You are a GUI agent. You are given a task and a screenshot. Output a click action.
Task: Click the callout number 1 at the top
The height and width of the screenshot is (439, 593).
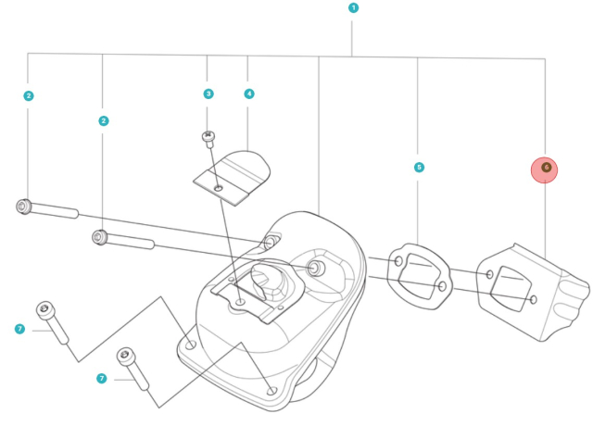(353, 7)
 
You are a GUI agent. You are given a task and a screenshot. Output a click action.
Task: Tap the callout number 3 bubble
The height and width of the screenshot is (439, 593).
(208, 94)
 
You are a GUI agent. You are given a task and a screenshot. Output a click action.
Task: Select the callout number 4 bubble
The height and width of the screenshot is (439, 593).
(248, 94)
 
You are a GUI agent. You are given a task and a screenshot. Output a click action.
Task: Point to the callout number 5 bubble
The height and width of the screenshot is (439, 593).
(419, 168)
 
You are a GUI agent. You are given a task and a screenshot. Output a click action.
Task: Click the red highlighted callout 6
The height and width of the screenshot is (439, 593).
(545, 168)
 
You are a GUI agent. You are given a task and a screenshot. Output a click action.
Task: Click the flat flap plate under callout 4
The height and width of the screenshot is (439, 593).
(232, 176)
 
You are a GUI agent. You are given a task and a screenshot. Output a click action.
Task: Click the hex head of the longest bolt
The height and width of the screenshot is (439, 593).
(24, 207)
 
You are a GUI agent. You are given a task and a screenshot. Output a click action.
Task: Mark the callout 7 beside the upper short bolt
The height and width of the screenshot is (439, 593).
(19, 329)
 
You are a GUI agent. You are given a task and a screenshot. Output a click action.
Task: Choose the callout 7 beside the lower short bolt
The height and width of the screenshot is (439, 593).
(102, 378)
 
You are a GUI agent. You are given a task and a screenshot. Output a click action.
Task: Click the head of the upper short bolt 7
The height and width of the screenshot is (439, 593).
(44, 309)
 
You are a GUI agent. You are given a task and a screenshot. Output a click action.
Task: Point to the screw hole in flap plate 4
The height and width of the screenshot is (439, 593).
(219, 188)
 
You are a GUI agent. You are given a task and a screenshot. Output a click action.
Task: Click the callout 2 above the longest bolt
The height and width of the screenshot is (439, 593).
(29, 95)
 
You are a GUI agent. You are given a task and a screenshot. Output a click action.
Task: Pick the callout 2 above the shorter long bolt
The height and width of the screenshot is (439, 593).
(103, 120)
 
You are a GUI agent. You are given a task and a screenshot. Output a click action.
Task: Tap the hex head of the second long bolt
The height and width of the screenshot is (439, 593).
(98, 238)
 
